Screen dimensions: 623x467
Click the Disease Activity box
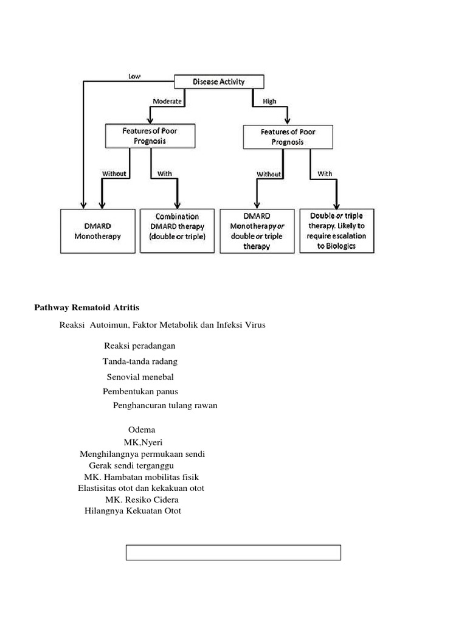click(x=220, y=82)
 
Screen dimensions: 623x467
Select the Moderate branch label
click(x=167, y=102)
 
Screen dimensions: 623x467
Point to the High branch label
click(x=269, y=102)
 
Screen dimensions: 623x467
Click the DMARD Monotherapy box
click(x=97, y=231)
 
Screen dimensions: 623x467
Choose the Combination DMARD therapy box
click(x=177, y=226)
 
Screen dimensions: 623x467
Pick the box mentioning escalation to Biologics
click(x=336, y=231)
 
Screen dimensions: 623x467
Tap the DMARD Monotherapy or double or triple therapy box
click(x=257, y=231)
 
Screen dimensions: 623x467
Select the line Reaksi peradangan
click(x=140, y=346)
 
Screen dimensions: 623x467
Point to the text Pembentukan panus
click(x=140, y=391)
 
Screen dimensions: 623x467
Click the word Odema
click(x=142, y=430)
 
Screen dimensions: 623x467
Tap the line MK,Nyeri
click(x=143, y=442)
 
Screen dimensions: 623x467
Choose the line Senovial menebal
click(x=140, y=377)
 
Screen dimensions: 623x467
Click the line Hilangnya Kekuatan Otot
click(x=133, y=511)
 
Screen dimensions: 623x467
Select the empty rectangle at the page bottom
click(x=233, y=552)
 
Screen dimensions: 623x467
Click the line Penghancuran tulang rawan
click(x=165, y=405)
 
